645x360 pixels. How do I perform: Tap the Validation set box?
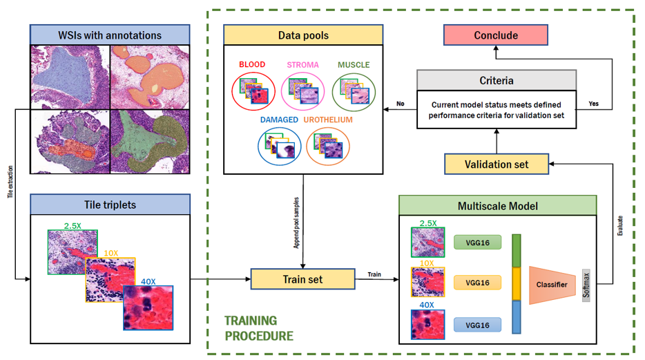497,164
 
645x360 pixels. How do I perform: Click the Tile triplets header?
110,204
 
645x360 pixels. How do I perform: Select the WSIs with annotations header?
110,35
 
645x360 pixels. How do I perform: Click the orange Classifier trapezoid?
552,283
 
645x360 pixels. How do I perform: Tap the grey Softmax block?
586,283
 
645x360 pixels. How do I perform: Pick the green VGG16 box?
477,243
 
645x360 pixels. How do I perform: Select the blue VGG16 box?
477,325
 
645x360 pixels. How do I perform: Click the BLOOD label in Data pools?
252,65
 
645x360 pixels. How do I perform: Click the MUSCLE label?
354,65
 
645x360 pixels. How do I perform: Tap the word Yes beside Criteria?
593,104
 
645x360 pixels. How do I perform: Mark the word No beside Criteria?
400,104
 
